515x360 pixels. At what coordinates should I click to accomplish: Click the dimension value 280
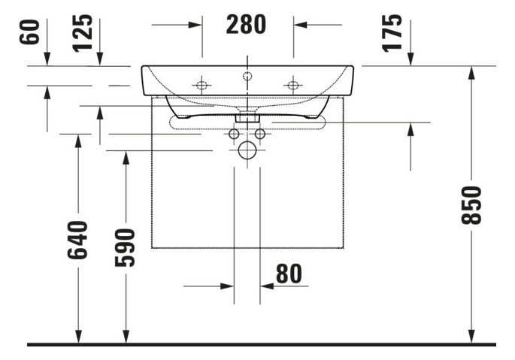[246, 25]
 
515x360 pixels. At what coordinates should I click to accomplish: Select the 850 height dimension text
[471, 204]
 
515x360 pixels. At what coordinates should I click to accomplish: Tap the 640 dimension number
[77, 240]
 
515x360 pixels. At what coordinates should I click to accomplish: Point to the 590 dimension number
[126, 247]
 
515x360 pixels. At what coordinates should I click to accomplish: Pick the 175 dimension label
[392, 33]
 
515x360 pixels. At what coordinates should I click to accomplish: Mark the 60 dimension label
[31, 33]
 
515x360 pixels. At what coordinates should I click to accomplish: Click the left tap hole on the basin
[202, 85]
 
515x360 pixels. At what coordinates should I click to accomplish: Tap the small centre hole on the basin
[247, 75]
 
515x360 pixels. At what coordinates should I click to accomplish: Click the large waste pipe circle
[247, 151]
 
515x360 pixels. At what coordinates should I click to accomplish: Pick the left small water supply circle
[234, 134]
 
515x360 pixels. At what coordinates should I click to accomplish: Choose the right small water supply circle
[260, 134]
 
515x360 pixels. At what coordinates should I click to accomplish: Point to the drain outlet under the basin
[247, 117]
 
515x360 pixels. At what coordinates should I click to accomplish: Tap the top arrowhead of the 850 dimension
[471, 72]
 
